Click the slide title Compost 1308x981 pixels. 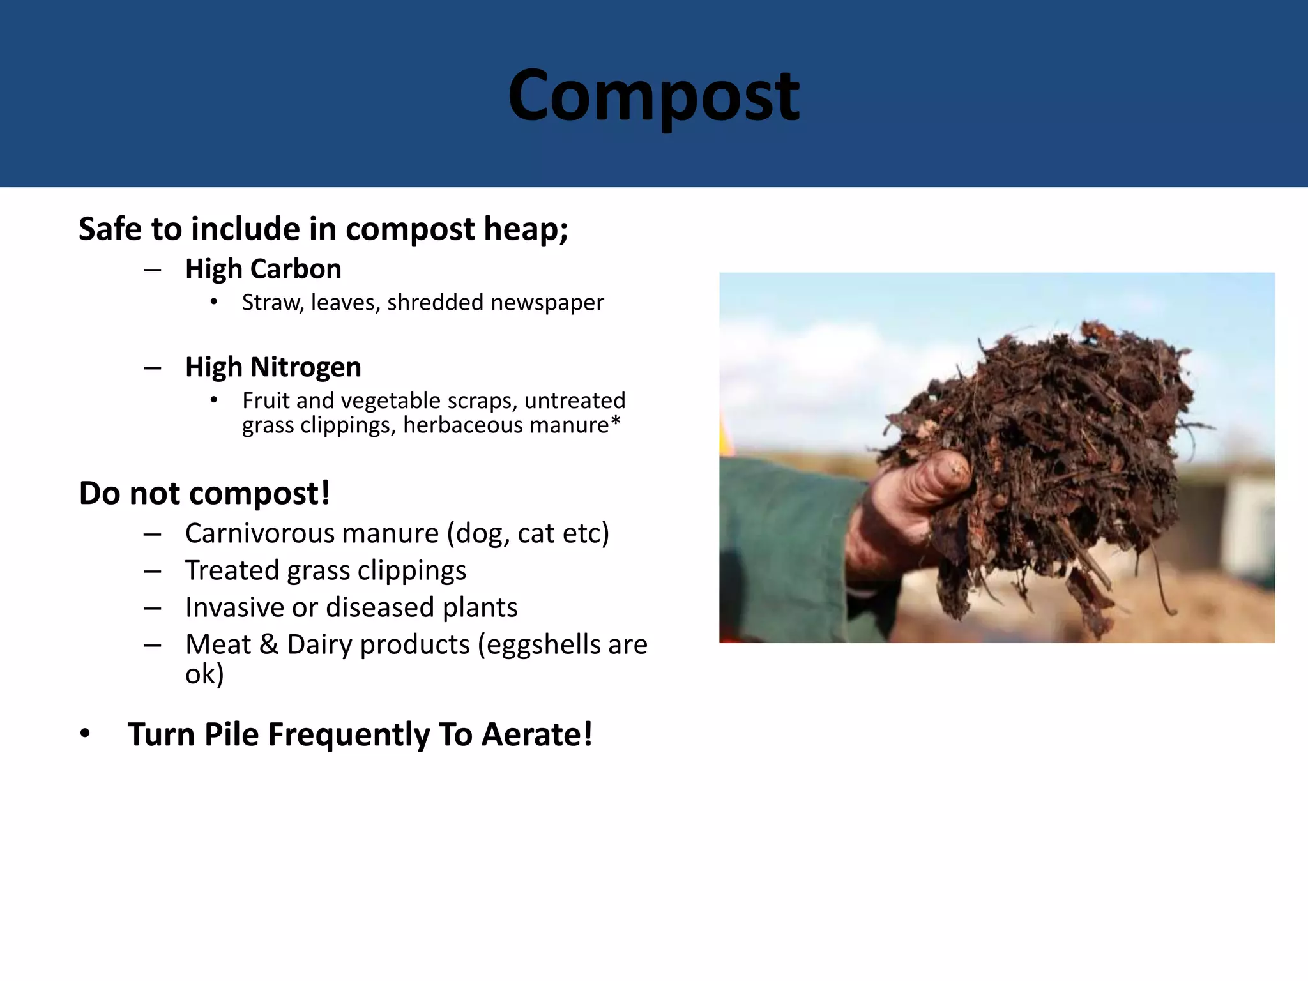(x=653, y=96)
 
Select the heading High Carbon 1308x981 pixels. (x=263, y=269)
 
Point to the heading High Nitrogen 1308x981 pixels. (x=273, y=367)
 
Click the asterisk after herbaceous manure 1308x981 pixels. (x=616, y=422)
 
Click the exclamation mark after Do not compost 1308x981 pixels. (x=325, y=493)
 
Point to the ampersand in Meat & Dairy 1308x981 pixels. (x=269, y=644)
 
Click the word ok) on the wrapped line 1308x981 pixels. (x=204, y=674)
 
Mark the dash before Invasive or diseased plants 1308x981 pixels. (x=152, y=609)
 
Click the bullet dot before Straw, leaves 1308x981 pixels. (x=214, y=302)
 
